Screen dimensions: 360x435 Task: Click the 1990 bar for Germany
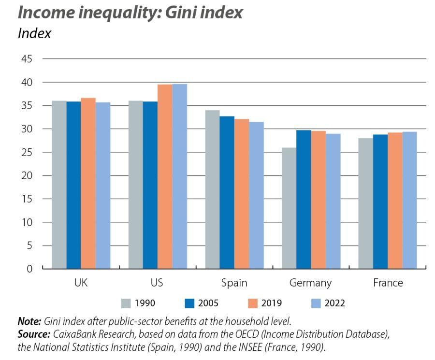pos(289,208)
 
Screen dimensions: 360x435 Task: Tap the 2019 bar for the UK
pos(88,183)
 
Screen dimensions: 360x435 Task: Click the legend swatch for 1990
pos(126,303)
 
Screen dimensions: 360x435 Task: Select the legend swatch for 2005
pos(189,303)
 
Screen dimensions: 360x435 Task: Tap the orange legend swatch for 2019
pos(253,303)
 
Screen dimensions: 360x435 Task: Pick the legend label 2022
pos(334,303)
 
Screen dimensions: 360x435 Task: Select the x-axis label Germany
pos(310,283)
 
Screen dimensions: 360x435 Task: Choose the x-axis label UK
pos(81,283)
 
